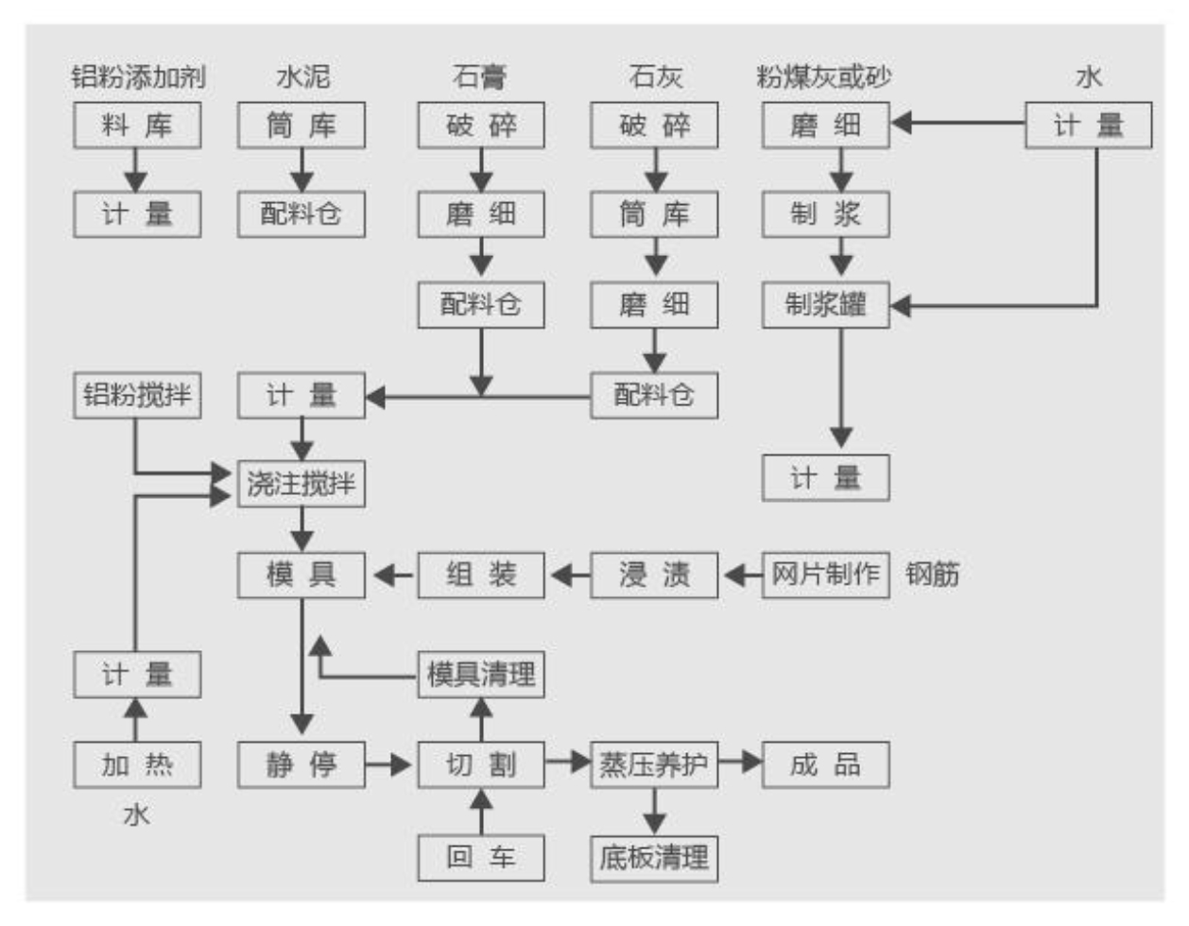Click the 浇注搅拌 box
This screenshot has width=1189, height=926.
click(301, 484)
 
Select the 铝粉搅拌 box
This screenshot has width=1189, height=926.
click(137, 395)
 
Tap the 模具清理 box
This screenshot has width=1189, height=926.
click(481, 675)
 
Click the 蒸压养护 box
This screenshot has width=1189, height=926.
click(654, 763)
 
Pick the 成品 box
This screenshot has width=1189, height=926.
click(825, 763)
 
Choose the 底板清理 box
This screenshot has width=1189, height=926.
click(654, 858)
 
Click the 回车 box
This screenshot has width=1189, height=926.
click(481, 858)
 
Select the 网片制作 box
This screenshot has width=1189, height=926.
click(825, 574)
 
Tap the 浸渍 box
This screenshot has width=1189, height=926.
click(654, 574)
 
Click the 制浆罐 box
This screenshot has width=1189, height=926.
click(825, 305)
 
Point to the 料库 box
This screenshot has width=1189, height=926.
click(137, 125)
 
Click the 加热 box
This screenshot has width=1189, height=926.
click(137, 763)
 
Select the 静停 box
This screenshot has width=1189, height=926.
click(301, 763)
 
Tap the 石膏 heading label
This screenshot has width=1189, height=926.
click(480, 76)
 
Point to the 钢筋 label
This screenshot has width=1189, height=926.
click(932, 574)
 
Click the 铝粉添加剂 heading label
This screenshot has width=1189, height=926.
click(138, 76)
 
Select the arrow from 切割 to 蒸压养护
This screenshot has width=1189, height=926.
click(568, 762)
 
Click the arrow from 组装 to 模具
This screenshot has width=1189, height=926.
click(394, 574)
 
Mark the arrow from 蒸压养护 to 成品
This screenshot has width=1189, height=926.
click(740, 762)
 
